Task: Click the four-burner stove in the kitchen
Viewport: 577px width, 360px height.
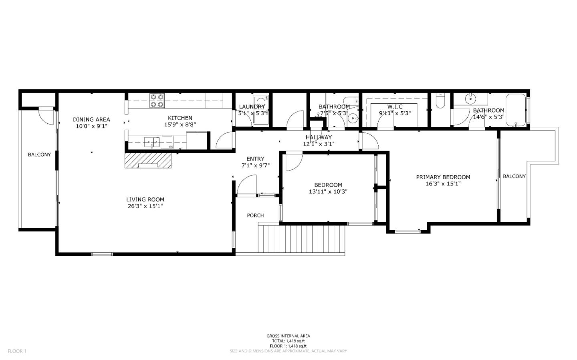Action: (x=157, y=101)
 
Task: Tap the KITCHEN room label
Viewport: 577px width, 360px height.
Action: (x=180, y=118)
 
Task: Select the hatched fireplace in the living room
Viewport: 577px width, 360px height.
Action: (x=147, y=161)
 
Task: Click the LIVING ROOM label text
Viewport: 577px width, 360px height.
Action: (x=145, y=199)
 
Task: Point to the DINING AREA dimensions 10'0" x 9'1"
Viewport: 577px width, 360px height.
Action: (x=91, y=126)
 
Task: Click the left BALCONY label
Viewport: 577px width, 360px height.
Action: (x=39, y=154)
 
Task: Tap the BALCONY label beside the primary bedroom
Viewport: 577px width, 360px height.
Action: (x=514, y=176)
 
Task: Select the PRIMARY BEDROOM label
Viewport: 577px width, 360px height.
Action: (x=443, y=177)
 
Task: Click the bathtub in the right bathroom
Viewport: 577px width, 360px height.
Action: (x=515, y=109)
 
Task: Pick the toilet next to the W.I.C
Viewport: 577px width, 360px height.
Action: (x=440, y=102)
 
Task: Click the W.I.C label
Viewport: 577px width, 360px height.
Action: (x=395, y=107)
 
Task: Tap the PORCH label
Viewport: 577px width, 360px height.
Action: (x=255, y=215)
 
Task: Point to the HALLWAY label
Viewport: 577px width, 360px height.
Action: (x=319, y=137)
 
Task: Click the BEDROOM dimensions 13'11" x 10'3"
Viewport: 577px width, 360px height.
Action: (x=328, y=191)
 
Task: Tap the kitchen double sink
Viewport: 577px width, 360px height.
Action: (x=151, y=141)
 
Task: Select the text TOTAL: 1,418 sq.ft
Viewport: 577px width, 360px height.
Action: (x=288, y=341)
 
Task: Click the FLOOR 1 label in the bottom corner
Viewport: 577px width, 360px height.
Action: (x=17, y=351)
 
